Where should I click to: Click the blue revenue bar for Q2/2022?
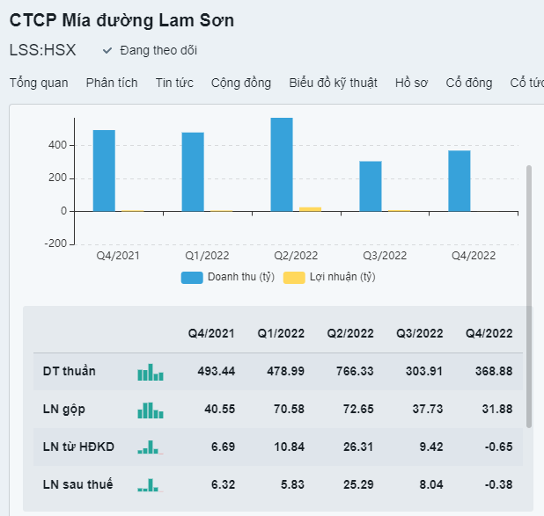pyautogui.click(x=282, y=164)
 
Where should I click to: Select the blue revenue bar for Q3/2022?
pyautogui.click(x=371, y=186)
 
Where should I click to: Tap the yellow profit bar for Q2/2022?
pyautogui.click(x=310, y=208)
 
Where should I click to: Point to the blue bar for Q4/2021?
pyautogui.click(x=104, y=171)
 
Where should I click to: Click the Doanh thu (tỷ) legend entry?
pyautogui.click(x=228, y=278)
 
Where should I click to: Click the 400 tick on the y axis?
pyautogui.click(x=58, y=145)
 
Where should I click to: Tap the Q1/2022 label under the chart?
pyautogui.click(x=207, y=256)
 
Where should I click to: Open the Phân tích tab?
pyautogui.click(x=112, y=83)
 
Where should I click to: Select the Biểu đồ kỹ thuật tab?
pyautogui.click(x=333, y=83)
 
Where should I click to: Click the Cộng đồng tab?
pyautogui.click(x=241, y=83)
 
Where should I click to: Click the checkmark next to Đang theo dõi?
pyautogui.click(x=107, y=50)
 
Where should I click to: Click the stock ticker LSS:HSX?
pyautogui.click(x=42, y=50)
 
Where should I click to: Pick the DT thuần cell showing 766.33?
pyautogui.click(x=350, y=371)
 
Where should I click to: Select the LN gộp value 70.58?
pyautogui.click(x=281, y=409)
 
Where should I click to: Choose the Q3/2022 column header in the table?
pyautogui.click(x=420, y=333)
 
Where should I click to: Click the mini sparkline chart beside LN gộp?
pyautogui.click(x=151, y=410)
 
